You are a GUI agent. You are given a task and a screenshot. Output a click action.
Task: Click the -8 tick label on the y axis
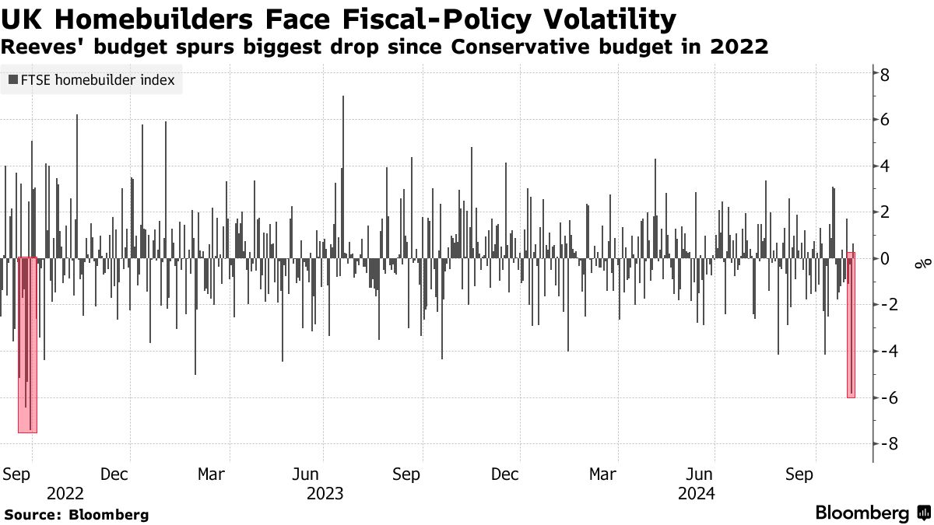[x=882, y=443]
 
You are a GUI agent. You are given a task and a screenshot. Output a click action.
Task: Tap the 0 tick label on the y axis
[x=885, y=258]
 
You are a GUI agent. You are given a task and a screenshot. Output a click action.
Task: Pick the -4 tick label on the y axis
[x=882, y=351]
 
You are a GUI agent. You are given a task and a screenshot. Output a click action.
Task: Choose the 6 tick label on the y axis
[x=885, y=121]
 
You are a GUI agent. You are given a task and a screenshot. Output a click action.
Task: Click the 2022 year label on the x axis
[x=65, y=493]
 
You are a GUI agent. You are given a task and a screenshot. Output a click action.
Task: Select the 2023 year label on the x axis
[x=325, y=493]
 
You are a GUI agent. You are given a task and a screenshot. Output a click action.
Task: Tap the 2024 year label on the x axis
[x=696, y=493]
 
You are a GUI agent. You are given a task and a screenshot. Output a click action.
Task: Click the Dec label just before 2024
[x=505, y=474]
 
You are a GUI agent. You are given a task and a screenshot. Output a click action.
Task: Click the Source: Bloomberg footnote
[x=76, y=515]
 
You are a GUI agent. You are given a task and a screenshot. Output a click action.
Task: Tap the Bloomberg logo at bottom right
[x=872, y=513]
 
